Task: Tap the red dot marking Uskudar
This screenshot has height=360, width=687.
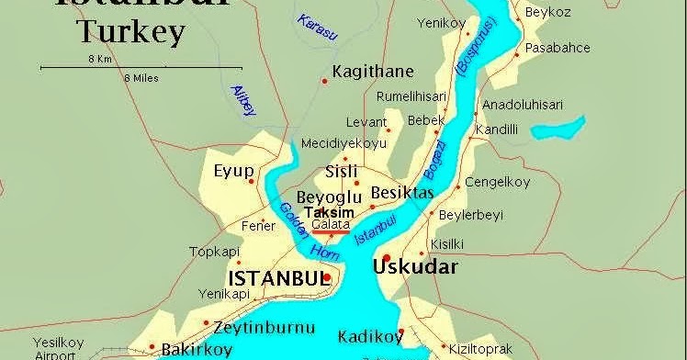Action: (x=388, y=258)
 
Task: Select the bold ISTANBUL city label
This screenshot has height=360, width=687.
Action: (x=276, y=277)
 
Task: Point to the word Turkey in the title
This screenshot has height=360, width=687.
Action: (x=131, y=33)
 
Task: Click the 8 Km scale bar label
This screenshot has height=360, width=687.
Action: (x=100, y=58)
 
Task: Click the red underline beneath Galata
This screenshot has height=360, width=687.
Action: (x=330, y=232)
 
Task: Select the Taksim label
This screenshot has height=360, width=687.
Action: (x=328, y=211)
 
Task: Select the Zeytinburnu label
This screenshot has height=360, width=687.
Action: (x=264, y=327)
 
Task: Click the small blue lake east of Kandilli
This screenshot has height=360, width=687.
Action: (x=561, y=128)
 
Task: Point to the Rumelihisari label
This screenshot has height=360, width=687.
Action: (x=411, y=96)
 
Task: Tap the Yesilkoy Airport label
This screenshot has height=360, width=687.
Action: (x=58, y=348)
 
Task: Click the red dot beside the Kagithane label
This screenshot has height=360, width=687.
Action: (x=324, y=82)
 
